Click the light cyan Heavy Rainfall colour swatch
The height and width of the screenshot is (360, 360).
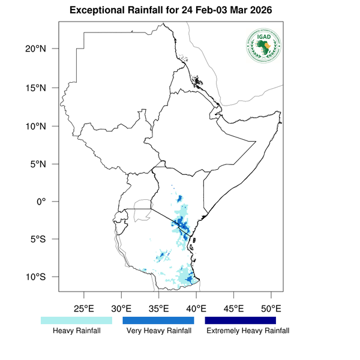(76, 321)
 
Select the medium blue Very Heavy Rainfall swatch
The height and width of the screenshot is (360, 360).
(158, 321)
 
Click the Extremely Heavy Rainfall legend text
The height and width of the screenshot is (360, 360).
(247, 331)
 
